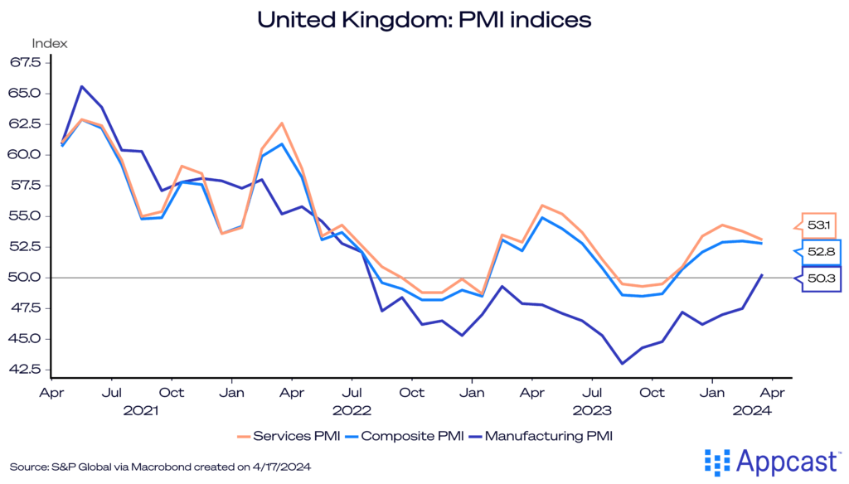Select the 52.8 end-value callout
(817, 251)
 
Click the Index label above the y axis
(50, 43)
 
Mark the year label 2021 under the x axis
(141, 409)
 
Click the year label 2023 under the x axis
(592, 409)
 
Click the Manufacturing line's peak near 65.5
(82, 86)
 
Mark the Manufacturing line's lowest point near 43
(622, 363)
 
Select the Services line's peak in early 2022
(282, 123)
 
